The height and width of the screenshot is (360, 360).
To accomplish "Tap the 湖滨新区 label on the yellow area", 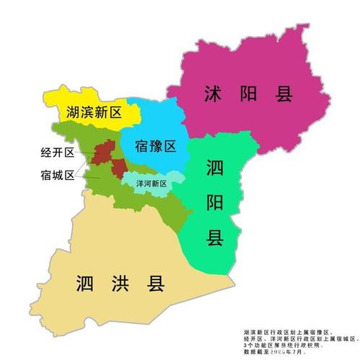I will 92,113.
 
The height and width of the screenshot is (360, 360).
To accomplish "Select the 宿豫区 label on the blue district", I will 156,147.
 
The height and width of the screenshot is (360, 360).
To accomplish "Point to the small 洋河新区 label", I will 152,184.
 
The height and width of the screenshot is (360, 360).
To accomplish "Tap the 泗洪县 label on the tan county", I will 120,284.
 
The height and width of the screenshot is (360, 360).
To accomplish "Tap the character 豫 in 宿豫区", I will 156,147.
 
